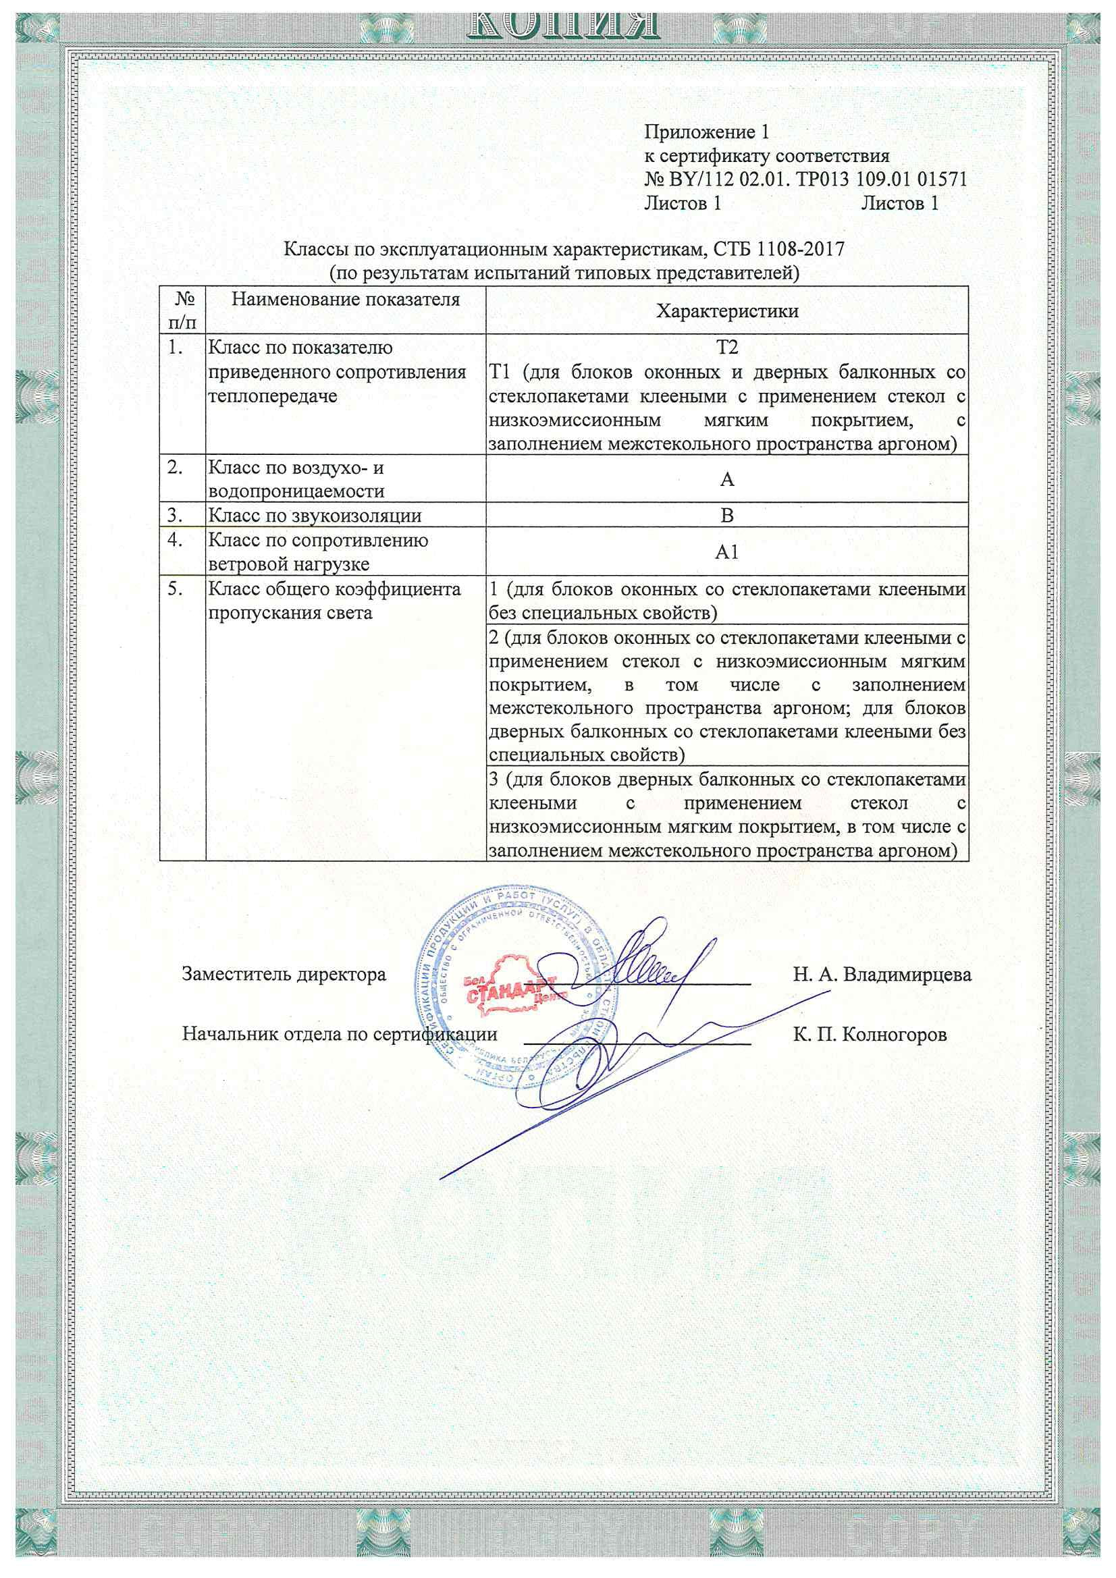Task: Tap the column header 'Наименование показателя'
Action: [345, 300]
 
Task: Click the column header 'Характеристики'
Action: [727, 311]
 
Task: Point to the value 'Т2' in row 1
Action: [727, 348]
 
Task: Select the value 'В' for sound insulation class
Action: [727, 516]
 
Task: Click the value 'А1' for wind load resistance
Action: [727, 552]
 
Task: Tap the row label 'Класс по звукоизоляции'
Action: [315, 516]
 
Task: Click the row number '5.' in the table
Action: [176, 589]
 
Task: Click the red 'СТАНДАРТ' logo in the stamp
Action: [512, 994]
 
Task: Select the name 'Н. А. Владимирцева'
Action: [882, 975]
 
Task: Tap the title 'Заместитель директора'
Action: [284, 975]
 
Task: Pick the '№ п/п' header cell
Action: [182, 310]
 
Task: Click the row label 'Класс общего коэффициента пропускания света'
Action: [335, 601]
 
